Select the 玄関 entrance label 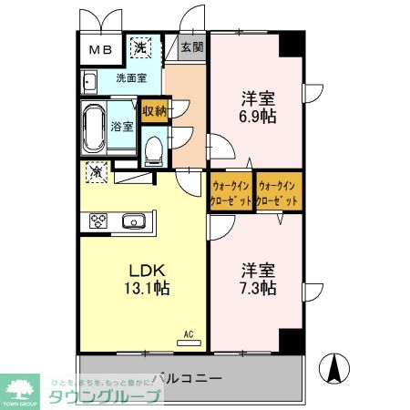tap(190, 47)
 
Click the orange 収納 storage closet tap(154, 111)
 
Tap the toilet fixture tap(153, 145)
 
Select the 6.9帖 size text tap(257, 117)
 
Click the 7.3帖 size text tap(258, 289)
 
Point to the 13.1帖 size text tap(145, 289)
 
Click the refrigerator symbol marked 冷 tap(96, 170)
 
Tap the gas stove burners tap(97, 220)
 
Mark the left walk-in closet tap(231, 190)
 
